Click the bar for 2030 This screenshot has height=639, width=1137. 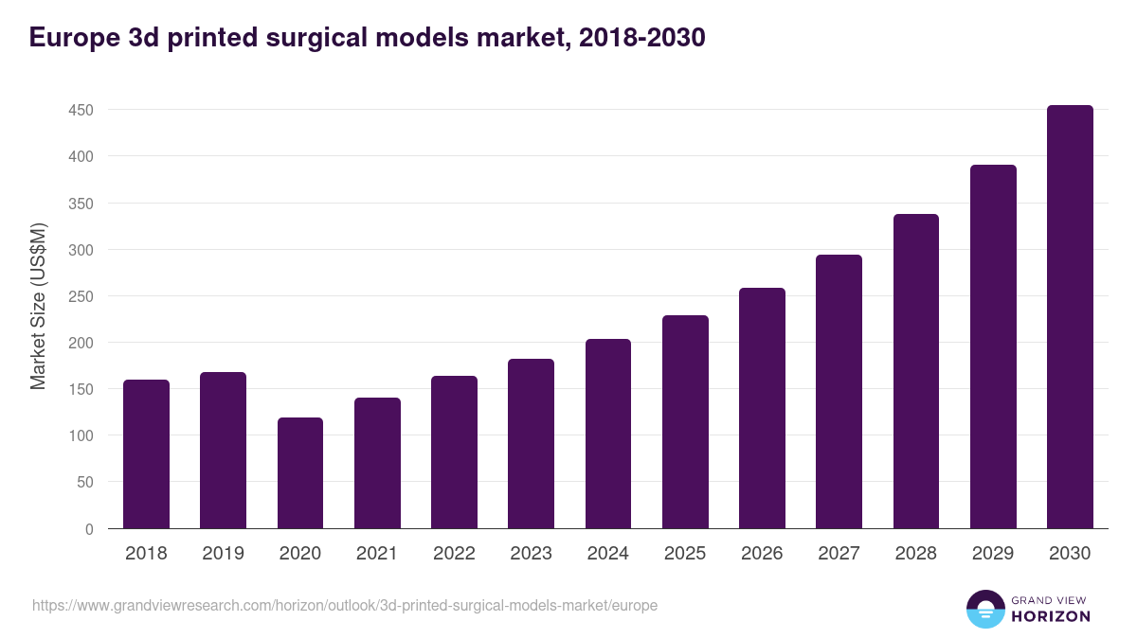coord(1070,317)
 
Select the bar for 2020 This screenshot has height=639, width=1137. coord(300,473)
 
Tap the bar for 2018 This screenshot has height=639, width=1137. coord(146,454)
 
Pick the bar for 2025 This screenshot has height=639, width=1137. coord(685,422)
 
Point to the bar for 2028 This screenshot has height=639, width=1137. coord(916,371)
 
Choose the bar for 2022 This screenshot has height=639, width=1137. coord(454,453)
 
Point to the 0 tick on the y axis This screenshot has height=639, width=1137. coord(89,529)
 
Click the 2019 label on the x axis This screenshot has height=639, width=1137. coord(223,554)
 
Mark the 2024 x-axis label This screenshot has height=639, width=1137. coord(608,554)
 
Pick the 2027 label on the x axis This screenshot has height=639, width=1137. coord(839,554)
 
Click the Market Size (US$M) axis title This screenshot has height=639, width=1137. coord(39,306)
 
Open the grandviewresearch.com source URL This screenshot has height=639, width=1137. coord(345,605)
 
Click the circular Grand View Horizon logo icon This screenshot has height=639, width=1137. coord(984,610)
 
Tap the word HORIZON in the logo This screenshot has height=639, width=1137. coord(1051,616)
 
